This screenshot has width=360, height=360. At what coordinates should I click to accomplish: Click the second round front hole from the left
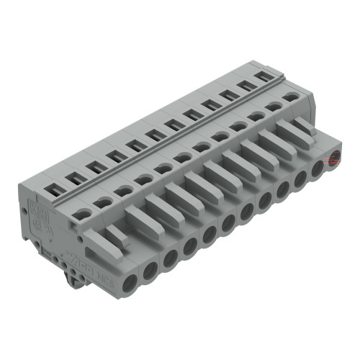pos(150,269)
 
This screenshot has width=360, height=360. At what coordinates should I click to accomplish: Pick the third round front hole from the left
pos(170,257)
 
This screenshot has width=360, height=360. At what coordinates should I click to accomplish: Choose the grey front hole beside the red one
pos(318,170)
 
